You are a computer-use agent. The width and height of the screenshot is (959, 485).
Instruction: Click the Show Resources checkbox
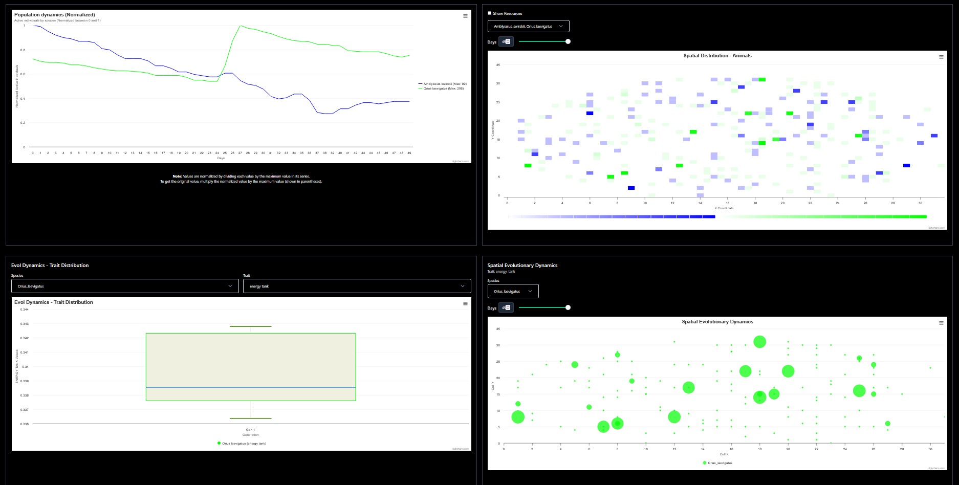click(x=489, y=13)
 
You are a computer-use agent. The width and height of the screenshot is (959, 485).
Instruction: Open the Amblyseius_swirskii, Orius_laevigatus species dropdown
click(x=528, y=26)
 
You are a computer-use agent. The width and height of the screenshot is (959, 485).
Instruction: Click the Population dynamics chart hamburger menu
click(x=465, y=16)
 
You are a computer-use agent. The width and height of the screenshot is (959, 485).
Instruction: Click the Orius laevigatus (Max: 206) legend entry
click(x=443, y=89)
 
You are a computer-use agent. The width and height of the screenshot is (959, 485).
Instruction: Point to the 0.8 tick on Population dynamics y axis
click(x=23, y=50)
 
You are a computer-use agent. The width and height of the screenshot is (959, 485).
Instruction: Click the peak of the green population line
click(x=241, y=26)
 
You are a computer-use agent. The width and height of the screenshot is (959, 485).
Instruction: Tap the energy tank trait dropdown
click(x=357, y=286)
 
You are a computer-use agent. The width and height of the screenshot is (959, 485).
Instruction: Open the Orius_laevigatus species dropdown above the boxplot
click(x=125, y=286)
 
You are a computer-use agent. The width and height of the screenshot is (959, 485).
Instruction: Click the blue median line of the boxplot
click(x=251, y=387)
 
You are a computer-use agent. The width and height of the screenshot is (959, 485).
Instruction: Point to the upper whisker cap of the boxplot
click(x=251, y=326)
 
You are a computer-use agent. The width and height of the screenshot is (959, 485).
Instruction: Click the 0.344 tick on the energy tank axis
click(x=25, y=310)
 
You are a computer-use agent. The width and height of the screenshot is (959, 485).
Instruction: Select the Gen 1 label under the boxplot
click(x=250, y=430)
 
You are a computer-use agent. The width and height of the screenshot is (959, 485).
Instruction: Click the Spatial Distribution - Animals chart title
click(x=717, y=56)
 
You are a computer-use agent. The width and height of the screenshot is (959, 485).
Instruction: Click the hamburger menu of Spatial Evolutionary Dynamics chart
click(x=941, y=323)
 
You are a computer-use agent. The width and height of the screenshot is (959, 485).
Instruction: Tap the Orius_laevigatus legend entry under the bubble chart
click(x=720, y=463)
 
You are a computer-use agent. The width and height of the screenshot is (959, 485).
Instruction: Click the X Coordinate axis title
click(x=724, y=208)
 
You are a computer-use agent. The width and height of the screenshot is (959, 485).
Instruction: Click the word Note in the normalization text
click(x=177, y=177)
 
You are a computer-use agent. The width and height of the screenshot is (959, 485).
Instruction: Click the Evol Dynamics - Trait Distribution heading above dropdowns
click(x=50, y=266)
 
